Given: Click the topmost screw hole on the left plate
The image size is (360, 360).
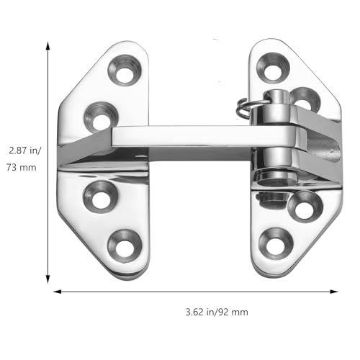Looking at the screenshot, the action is tap(125, 70).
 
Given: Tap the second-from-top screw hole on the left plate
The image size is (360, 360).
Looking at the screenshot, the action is tap(102, 117).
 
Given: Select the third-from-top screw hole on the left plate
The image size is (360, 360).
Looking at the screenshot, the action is tap(101, 197).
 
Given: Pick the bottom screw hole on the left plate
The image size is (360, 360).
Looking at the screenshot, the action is tap(124, 246).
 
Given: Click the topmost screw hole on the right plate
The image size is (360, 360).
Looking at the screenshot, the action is tap(273, 68).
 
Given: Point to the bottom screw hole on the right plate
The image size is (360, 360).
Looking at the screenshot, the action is tap(276, 243).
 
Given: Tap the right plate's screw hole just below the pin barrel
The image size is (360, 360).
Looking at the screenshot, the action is tap(305, 207).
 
